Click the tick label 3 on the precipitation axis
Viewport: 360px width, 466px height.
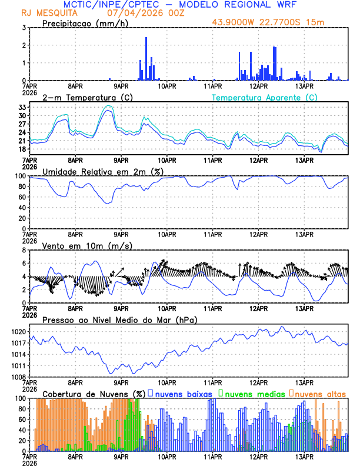24,28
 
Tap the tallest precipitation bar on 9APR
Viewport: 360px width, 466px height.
146,58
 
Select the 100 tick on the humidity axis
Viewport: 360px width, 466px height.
19,176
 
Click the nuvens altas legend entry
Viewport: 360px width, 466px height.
319,393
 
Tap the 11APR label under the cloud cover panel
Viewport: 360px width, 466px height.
212,456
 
